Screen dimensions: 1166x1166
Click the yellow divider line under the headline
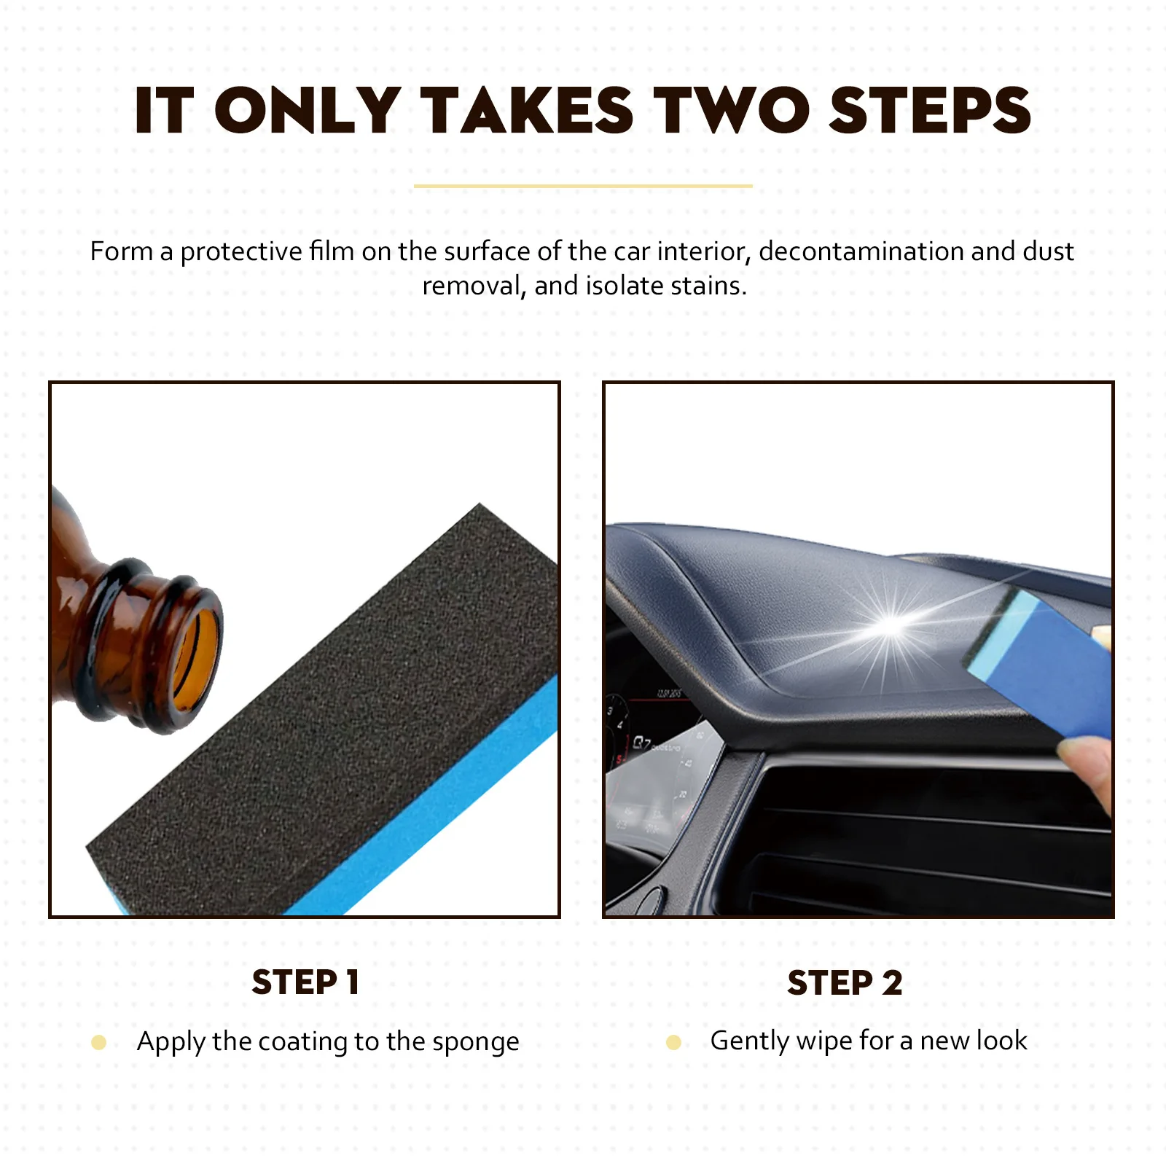click(583, 187)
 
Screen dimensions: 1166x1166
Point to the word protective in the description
click(240, 251)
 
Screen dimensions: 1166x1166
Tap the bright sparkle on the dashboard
click(891, 625)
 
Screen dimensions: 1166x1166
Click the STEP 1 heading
click(305, 982)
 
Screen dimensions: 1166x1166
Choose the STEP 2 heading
click(845, 982)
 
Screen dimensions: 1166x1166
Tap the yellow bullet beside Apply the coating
click(99, 1043)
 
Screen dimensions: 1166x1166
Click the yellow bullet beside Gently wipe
click(673, 1043)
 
